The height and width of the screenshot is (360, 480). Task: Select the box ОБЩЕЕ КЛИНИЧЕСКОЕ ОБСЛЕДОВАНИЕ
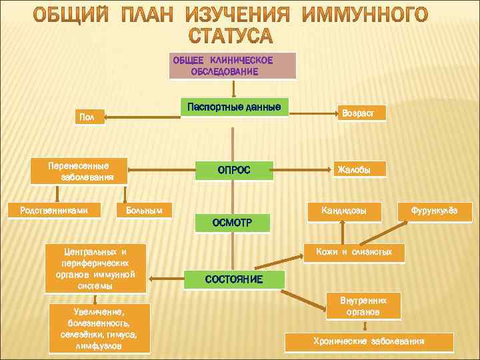click(x=232, y=65)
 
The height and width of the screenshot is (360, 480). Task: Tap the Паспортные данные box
click(x=235, y=107)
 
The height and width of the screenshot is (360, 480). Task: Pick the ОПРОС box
click(x=233, y=170)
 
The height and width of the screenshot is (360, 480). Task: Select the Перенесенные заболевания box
click(x=79, y=171)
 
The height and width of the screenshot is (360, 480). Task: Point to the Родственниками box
click(x=55, y=211)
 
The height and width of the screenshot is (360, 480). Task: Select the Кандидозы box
click(x=343, y=211)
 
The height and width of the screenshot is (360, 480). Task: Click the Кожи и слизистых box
click(x=354, y=252)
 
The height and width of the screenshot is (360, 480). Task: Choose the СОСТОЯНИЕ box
click(x=234, y=279)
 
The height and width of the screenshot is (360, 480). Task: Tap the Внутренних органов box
click(x=363, y=306)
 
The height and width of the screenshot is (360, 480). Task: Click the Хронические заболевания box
click(x=369, y=341)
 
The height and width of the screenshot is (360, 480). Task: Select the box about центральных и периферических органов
click(x=95, y=268)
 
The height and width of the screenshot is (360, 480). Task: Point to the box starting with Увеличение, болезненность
click(x=99, y=328)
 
